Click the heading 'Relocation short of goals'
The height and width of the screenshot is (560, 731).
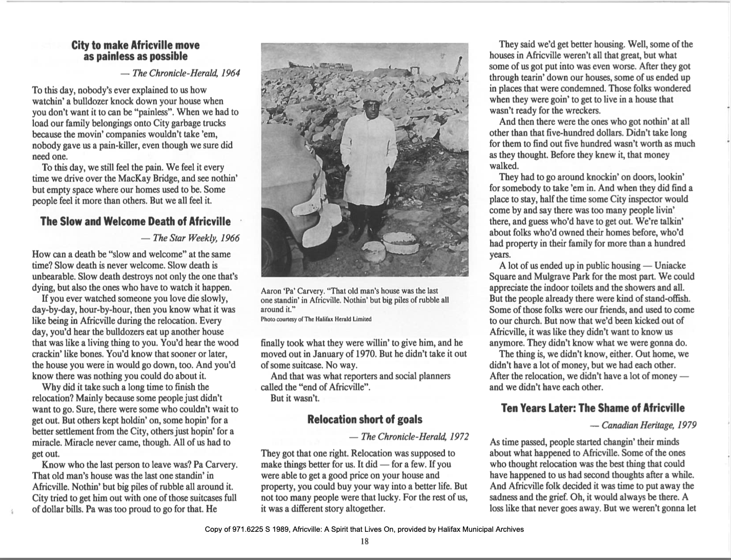coord(364,419)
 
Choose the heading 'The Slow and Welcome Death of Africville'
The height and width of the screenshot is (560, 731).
coord(135,222)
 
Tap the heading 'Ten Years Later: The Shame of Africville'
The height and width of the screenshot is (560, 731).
coord(593,408)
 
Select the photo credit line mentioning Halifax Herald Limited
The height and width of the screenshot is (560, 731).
coord(316,319)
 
